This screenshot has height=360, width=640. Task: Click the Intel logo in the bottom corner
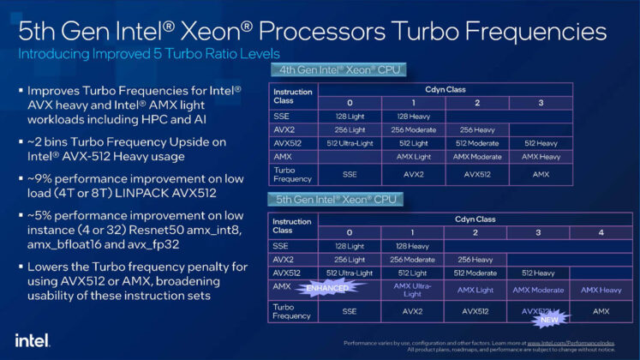pyautogui.click(x=28, y=339)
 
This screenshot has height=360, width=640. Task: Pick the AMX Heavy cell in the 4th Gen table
pyautogui.click(x=540, y=157)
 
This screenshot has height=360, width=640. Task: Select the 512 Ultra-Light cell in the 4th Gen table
pyautogui.click(x=349, y=143)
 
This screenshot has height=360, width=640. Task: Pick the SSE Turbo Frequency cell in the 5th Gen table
pyautogui.click(x=349, y=312)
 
